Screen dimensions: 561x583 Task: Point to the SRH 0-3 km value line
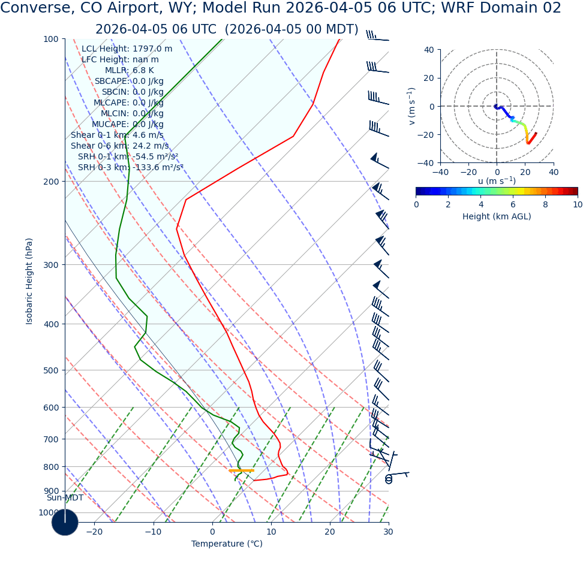pos(130,168)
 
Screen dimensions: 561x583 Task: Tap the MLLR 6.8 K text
pos(130,71)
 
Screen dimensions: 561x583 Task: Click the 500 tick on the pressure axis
pos(51,370)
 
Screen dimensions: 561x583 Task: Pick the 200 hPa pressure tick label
pos(51,182)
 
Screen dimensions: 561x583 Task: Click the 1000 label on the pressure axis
pos(49,513)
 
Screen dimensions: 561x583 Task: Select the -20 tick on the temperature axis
pos(94,532)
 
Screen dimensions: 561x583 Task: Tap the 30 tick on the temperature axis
pos(388,532)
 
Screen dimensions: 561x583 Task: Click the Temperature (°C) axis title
pos(227,544)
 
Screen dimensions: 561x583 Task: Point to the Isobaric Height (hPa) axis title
pos(29,281)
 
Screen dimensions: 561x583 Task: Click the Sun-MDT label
pos(65,498)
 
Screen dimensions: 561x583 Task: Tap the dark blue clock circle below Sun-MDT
pos(65,522)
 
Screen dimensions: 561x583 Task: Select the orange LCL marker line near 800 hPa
pos(241,470)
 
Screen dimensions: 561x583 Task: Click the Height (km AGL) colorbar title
pos(497,217)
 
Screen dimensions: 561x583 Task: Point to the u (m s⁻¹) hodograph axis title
pos(497,181)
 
